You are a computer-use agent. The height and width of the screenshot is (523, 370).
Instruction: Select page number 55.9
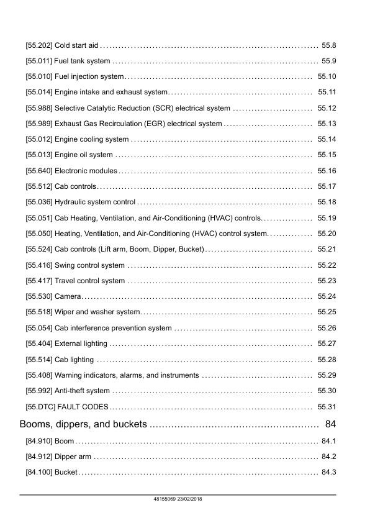pyautogui.click(x=328, y=61)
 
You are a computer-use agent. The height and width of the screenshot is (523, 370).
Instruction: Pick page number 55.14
pyautogui.click(x=326, y=139)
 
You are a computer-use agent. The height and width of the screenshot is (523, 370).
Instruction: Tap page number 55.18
pyautogui.click(x=326, y=202)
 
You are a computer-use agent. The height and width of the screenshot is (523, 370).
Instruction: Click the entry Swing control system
pyautogui.click(x=90, y=265)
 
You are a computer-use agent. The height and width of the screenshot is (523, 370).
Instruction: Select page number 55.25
pyautogui.click(x=326, y=312)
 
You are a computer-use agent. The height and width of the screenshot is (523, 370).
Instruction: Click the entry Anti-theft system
pyautogui.click(x=83, y=391)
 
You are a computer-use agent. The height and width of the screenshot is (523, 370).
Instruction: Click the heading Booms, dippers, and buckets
pyautogui.click(x=84, y=425)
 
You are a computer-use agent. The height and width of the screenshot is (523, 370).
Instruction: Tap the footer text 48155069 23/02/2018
pyautogui.click(x=178, y=499)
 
